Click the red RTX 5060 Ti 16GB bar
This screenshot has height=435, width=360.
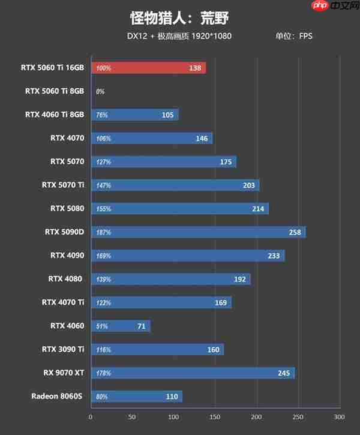coord(148,68)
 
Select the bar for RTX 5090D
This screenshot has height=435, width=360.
coord(198,232)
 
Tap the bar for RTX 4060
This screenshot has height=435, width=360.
coord(121,326)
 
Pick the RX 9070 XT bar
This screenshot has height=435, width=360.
coord(193,373)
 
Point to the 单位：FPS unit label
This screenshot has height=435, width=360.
coord(294,36)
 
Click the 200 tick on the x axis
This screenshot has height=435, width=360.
coord(256,417)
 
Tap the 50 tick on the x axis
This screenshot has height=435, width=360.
coord(132,417)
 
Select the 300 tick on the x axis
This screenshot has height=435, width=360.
coord(339,417)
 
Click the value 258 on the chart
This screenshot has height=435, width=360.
coord(295,232)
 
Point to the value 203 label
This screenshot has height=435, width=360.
coord(249,185)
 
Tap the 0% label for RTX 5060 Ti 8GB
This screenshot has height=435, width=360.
coord(100,92)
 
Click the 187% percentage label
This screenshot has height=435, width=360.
coord(103,232)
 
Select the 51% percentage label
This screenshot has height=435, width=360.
coord(101,326)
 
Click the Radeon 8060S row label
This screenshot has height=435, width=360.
coord(58,396)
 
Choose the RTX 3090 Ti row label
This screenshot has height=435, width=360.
coord(63,349)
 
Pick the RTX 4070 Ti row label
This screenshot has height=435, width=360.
coord(63,302)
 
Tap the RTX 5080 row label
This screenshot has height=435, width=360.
coord(67,209)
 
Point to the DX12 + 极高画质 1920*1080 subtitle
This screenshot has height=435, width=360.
coord(179,36)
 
